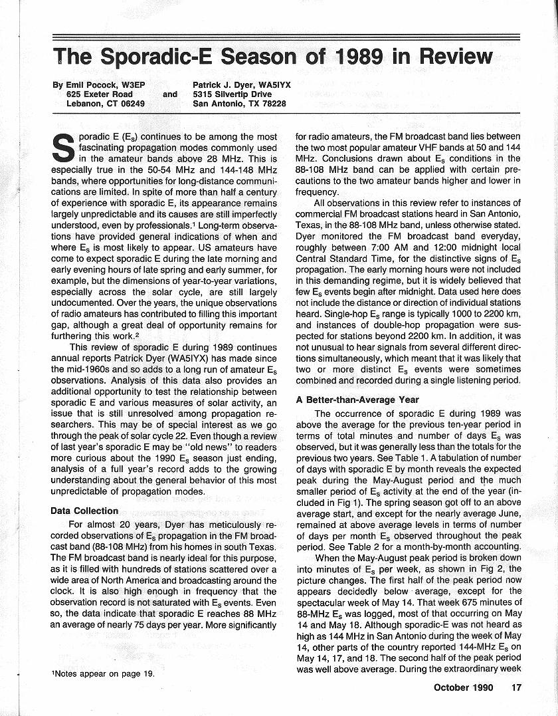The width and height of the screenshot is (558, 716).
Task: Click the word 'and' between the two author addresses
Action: [x=170, y=94]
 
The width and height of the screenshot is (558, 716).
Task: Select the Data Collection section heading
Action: [x=84, y=511]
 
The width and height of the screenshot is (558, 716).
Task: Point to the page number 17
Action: [x=516, y=687]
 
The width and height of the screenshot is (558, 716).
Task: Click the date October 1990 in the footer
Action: [x=463, y=687]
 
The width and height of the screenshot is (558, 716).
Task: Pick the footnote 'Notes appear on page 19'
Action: [x=103, y=673]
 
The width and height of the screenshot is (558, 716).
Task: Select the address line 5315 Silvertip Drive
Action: [x=232, y=94]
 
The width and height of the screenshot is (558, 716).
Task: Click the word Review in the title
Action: [x=455, y=57]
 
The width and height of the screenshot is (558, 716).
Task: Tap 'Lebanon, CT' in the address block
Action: [x=92, y=104]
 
